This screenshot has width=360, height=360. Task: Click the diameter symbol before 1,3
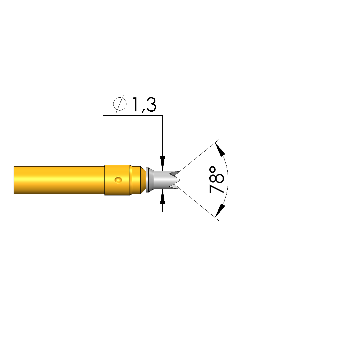click(120, 104)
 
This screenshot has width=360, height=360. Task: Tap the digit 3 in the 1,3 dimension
click(151, 104)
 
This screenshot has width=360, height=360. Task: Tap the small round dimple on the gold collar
click(118, 180)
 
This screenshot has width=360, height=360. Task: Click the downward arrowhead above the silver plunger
click(163, 163)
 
